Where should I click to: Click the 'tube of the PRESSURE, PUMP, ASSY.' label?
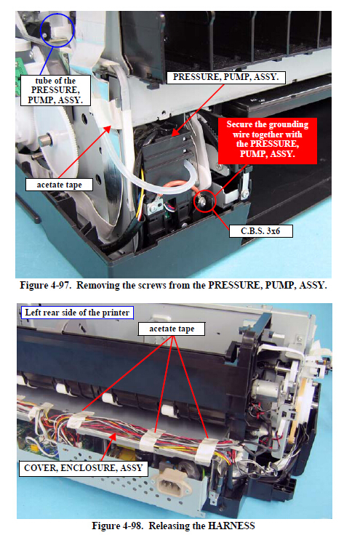tap(55, 90)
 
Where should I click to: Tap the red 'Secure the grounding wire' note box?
tap(267, 140)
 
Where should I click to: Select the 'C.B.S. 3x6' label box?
tap(260, 231)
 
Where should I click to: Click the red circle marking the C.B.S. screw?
tap(204, 201)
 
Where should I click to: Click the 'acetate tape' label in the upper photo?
tap(59, 185)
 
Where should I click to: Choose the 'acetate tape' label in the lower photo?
tap(172, 329)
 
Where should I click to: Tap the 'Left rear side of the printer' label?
tap(77, 313)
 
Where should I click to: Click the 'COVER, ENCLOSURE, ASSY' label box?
tap(84, 468)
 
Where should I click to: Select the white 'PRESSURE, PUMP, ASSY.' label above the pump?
tap(226, 77)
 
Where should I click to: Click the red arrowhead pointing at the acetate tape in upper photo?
tap(108, 129)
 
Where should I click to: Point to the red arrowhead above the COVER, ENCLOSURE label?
tap(112, 437)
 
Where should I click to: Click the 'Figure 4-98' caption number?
tap(118, 526)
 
